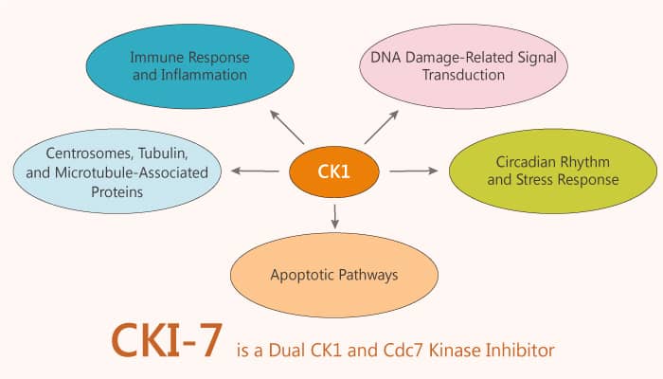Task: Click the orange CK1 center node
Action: [334, 171]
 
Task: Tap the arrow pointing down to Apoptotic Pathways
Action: [335, 217]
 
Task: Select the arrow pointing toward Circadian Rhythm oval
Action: [414, 171]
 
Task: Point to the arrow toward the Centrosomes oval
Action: [255, 171]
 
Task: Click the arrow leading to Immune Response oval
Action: [287, 127]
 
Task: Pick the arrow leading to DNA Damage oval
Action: [382, 127]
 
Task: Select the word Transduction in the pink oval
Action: [464, 75]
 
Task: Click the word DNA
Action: [385, 57]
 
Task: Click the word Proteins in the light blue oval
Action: [117, 192]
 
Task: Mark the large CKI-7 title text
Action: [167, 340]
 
